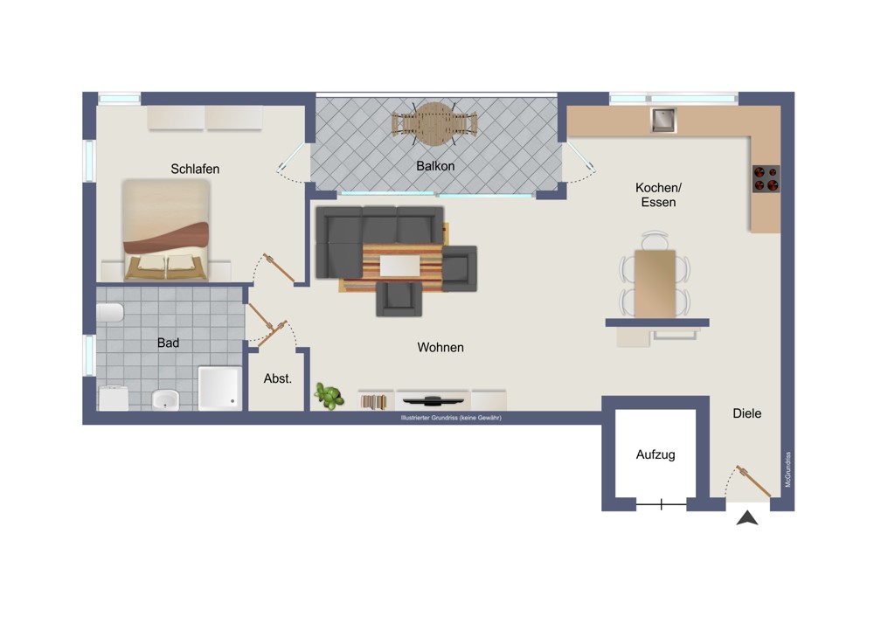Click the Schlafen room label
[x=195, y=169]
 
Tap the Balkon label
[x=435, y=166]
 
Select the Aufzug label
[x=655, y=454]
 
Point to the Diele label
[x=747, y=413]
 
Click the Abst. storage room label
[x=278, y=378]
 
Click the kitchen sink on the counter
[x=663, y=120]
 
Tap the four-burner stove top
[x=766, y=179]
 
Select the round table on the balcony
[x=434, y=124]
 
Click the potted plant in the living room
[x=329, y=396]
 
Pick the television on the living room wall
[x=434, y=400]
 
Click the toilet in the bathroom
[x=110, y=313]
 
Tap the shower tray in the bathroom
[x=220, y=388]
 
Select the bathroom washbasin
[x=165, y=399]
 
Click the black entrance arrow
[x=747, y=518]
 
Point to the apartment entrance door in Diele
[x=753, y=481]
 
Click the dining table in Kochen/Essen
[x=655, y=284]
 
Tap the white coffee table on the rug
[x=399, y=266]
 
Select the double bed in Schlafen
[x=165, y=230]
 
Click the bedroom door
[x=279, y=268]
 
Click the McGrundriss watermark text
[x=788, y=469]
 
